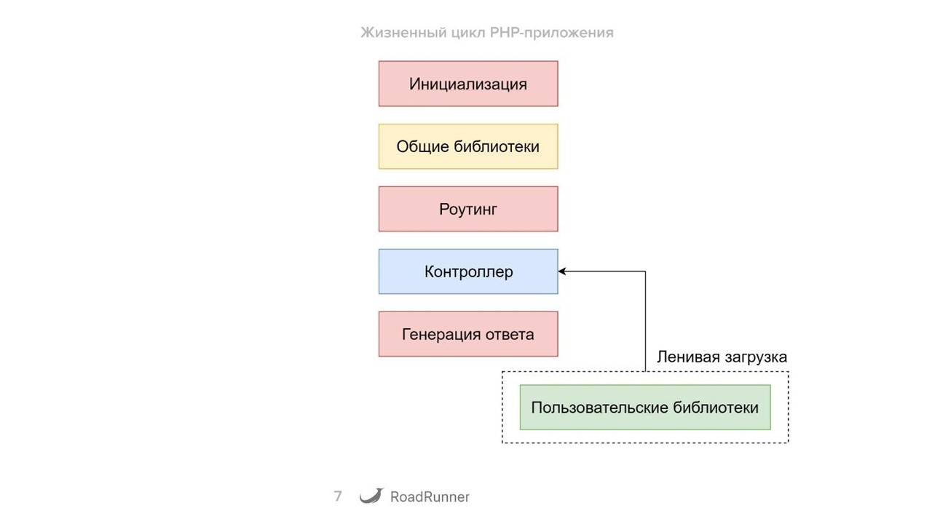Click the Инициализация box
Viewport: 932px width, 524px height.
pos(468,84)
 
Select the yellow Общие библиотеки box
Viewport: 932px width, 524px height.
pos(468,146)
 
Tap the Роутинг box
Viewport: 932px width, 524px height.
pos(468,210)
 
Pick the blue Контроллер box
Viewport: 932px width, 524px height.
pos(468,271)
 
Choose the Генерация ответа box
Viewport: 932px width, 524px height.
pos(468,334)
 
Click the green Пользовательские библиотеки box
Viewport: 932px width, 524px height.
pos(645,408)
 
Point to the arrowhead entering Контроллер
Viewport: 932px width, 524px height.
pos(563,271)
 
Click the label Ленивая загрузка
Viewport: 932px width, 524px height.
pos(722,357)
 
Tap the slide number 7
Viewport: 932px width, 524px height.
pos(338,496)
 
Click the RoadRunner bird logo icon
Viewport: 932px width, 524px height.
pos(371,496)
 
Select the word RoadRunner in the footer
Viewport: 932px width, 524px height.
pos(430,497)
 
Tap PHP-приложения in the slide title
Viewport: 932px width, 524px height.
pos(550,33)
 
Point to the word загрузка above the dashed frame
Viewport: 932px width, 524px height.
pos(755,357)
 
